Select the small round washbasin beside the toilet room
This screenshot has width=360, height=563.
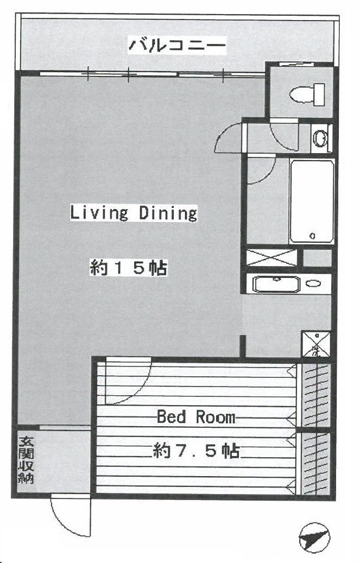click(x=321, y=138)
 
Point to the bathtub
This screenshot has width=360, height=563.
click(x=311, y=201)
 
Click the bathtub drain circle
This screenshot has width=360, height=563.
click(x=312, y=236)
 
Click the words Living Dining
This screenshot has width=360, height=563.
click(x=133, y=213)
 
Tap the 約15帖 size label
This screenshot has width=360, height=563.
click(x=128, y=269)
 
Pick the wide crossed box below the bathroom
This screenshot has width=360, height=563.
click(x=272, y=257)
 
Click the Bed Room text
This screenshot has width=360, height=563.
click(x=196, y=417)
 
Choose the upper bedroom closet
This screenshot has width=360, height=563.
click(x=315, y=395)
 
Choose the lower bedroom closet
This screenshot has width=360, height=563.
click(x=315, y=463)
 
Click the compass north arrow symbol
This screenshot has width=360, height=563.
click(x=314, y=538)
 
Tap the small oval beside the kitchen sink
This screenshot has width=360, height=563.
click(x=313, y=283)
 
